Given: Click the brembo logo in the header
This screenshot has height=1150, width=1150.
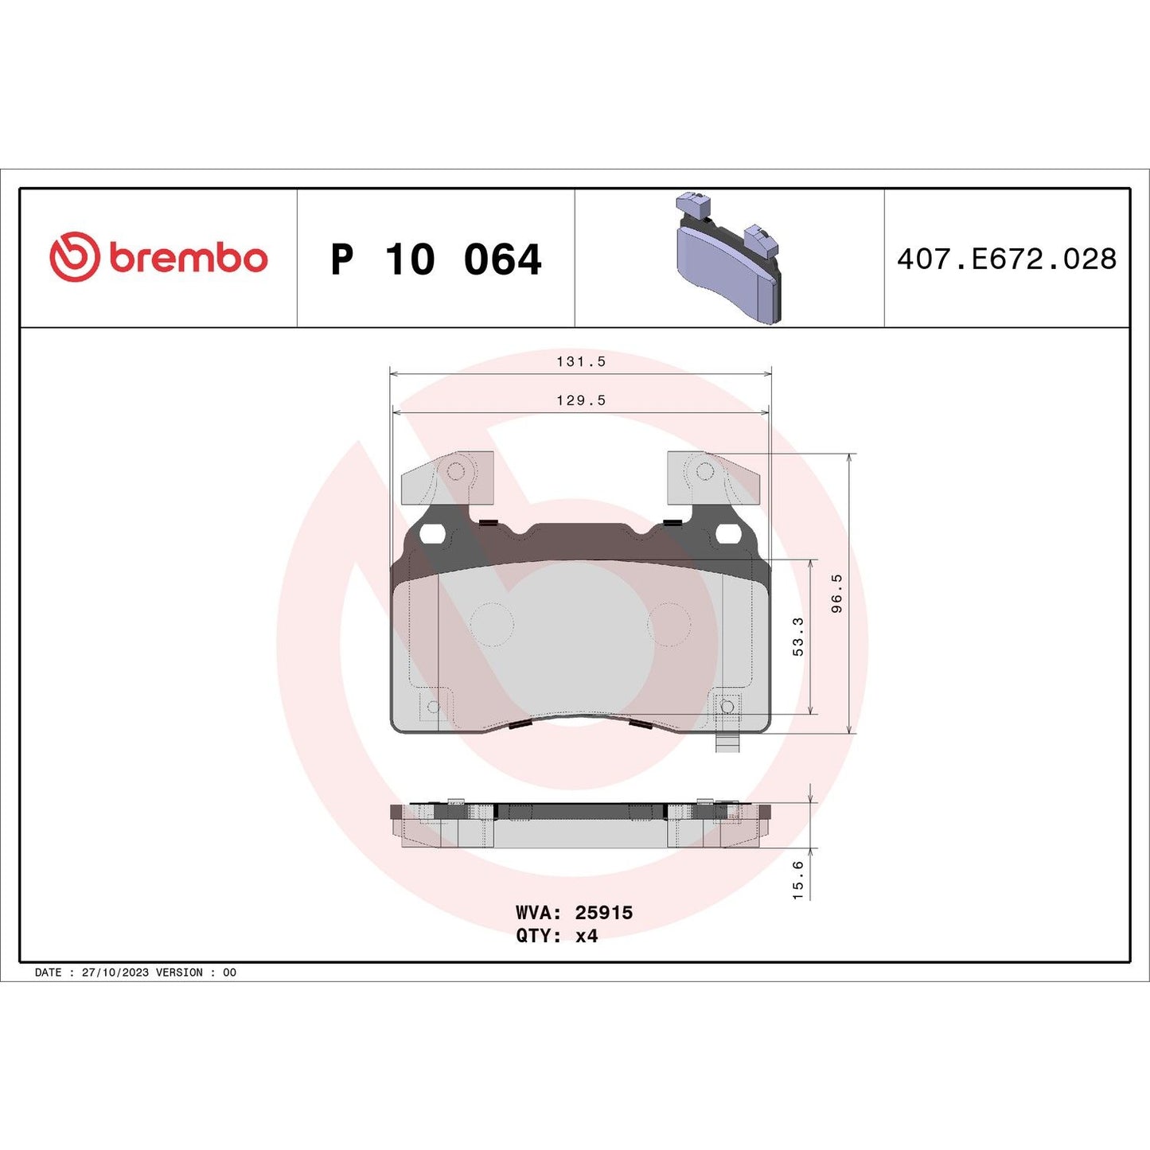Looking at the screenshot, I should click(158, 258).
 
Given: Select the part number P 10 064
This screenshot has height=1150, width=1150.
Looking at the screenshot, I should click(435, 259).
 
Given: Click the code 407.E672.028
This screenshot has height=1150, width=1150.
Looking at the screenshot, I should click(1007, 259).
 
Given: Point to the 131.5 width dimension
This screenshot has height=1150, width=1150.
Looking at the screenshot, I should click(581, 361).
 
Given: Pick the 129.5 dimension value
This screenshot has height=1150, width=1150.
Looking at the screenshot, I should click(581, 400).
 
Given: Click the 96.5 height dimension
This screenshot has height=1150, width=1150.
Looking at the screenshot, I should click(836, 593).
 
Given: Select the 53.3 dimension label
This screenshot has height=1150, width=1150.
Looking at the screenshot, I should click(798, 637).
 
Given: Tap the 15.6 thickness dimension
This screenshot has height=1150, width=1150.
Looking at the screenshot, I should click(798, 880).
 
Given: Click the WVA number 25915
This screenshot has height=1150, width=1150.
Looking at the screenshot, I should click(603, 913).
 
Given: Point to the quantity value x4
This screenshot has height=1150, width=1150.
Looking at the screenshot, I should click(587, 936).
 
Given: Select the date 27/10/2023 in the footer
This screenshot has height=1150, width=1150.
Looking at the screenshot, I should click(115, 973).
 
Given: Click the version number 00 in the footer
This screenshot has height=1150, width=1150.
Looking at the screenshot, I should click(229, 973).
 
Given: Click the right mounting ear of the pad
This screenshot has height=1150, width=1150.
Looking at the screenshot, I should click(712, 478).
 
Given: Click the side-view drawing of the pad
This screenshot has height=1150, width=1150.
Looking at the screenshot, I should click(581, 826).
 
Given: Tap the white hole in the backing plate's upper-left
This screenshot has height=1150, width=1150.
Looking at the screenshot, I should click(433, 534).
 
